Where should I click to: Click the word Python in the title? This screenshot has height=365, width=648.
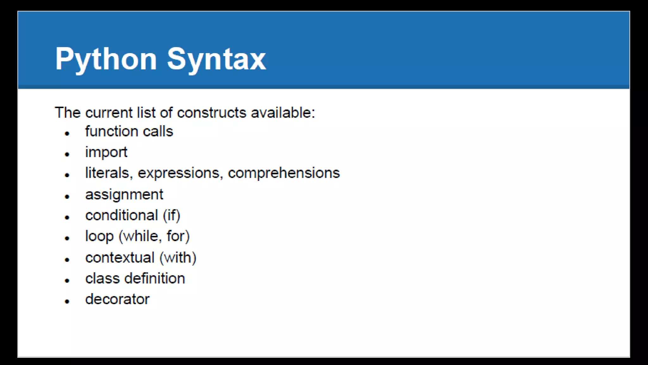(x=106, y=59)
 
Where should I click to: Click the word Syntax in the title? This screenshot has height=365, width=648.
(x=216, y=59)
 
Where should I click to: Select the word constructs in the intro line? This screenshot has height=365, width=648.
(x=211, y=113)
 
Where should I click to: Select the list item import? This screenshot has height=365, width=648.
(x=106, y=152)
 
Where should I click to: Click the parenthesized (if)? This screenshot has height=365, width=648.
(x=171, y=216)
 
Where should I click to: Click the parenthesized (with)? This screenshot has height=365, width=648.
(x=178, y=258)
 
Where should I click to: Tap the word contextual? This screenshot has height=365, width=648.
(x=120, y=258)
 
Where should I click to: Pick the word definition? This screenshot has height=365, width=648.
(x=155, y=279)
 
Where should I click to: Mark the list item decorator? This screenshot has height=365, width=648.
(x=117, y=299)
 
